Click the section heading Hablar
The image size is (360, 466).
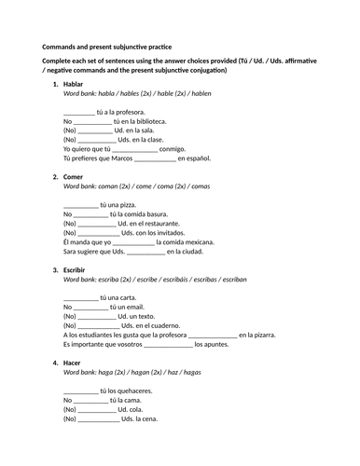(75, 85)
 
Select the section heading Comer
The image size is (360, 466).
(75, 176)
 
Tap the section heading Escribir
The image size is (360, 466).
(76, 268)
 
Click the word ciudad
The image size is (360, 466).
(211, 251)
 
